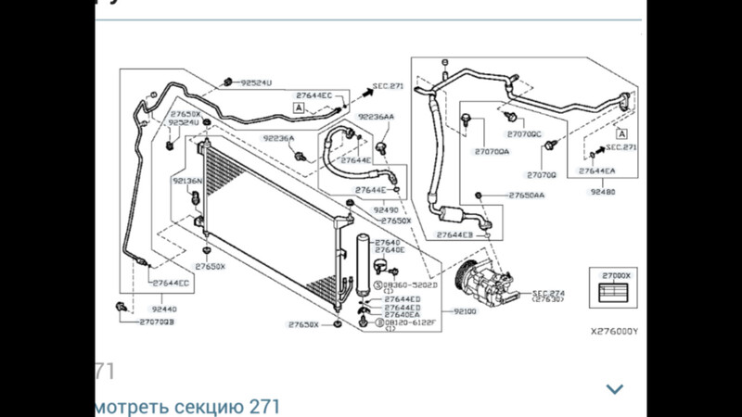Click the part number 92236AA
[376, 118]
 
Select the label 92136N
[186, 181]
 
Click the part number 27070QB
[158, 322]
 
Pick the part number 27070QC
[524, 133]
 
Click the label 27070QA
[492, 151]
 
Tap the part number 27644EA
[596, 171]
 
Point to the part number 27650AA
[527, 196]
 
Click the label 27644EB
[455, 235]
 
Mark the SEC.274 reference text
[545, 293]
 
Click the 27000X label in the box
[616, 275]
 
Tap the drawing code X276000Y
[615, 330]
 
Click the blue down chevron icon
[614, 389]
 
